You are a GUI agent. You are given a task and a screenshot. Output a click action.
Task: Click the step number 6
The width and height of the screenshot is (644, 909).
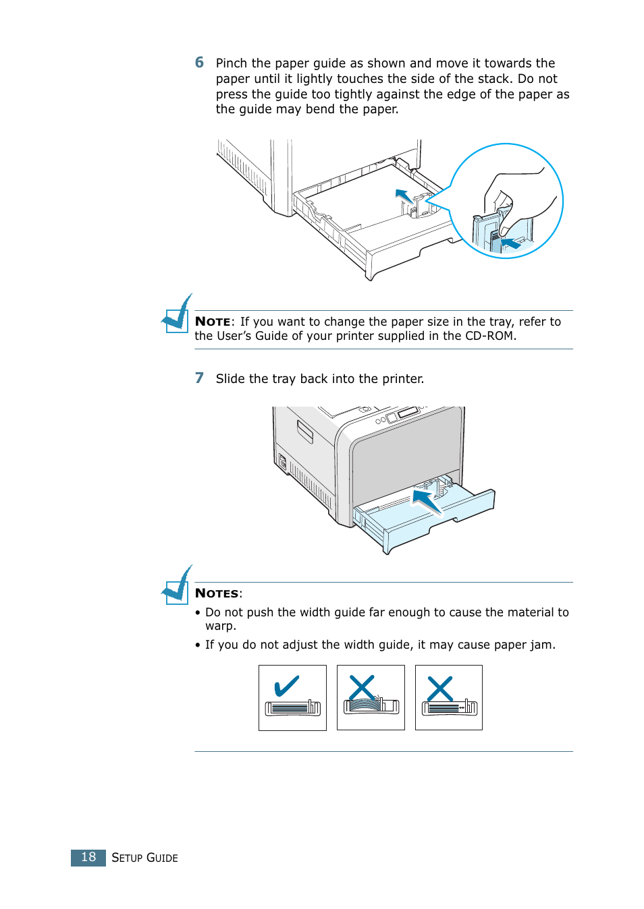click(199, 63)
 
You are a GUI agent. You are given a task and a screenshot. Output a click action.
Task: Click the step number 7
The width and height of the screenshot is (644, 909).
click(199, 378)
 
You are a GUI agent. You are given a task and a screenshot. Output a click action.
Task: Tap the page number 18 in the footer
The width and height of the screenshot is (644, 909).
click(88, 857)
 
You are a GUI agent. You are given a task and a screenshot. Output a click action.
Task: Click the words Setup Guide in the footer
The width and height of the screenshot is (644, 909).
click(144, 858)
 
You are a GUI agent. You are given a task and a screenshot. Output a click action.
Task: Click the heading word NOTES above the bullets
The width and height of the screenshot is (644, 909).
click(217, 593)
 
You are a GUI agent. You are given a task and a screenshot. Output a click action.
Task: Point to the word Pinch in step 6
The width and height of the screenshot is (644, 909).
click(232, 63)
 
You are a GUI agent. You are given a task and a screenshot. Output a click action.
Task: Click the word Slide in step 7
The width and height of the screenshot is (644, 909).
click(230, 379)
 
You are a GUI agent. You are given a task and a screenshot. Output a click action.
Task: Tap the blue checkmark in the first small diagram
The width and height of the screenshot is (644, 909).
click(286, 686)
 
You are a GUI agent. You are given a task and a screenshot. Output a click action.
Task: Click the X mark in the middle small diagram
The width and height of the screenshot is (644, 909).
click(362, 688)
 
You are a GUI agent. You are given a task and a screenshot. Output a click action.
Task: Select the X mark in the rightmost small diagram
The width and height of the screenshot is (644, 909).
click(440, 689)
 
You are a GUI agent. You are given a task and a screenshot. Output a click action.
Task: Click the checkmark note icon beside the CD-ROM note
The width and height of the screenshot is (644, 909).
click(178, 314)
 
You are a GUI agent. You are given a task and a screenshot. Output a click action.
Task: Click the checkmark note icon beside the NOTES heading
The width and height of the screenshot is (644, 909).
click(178, 586)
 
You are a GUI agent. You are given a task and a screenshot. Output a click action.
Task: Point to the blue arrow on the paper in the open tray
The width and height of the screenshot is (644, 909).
click(404, 196)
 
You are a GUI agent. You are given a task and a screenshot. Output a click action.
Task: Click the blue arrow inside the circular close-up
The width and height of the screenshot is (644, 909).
click(510, 243)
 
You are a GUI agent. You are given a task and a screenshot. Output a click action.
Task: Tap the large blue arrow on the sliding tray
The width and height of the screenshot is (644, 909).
click(427, 501)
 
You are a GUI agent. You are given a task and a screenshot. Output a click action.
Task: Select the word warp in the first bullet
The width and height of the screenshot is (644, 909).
click(220, 626)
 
